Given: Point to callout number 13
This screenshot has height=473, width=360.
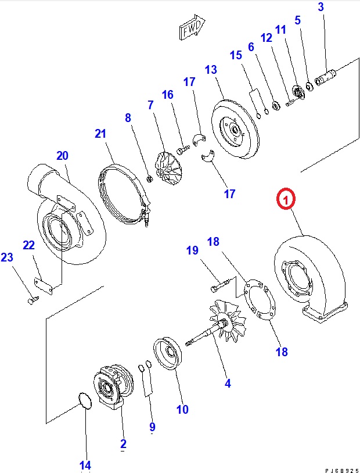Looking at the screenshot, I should [x=210, y=70].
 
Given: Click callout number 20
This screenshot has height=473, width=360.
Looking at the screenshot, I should [x=62, y=155].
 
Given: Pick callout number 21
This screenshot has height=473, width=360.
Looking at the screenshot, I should [x=101, y=134].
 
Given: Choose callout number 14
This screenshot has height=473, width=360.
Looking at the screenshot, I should [x=85, y=465].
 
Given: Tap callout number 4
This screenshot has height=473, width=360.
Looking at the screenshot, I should [x=228, y=384].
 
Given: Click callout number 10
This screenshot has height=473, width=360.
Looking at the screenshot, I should [x=182, y=410].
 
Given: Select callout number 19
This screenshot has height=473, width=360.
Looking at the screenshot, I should [x=192, y=250].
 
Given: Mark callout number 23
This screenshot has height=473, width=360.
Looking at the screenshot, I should [x=6, y=257].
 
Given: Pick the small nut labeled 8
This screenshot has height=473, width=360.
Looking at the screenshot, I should [x=149, y=177].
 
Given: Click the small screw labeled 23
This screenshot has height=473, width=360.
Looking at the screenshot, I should [x=33, y=300].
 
